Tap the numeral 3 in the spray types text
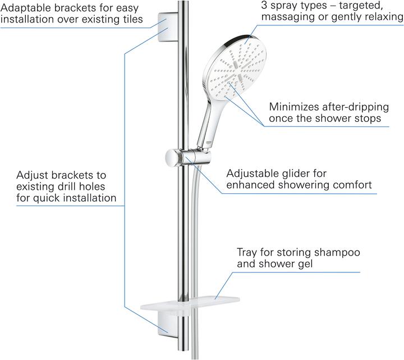click(x=264, y=5)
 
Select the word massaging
click(x=284, y=17)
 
